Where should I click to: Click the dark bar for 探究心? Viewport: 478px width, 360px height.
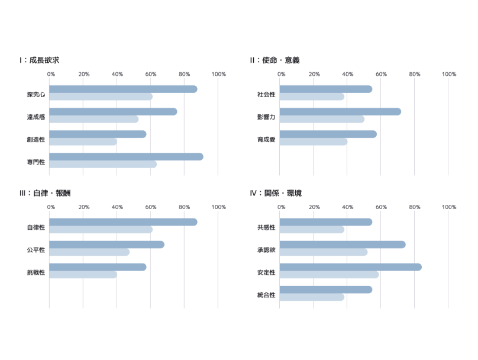123,89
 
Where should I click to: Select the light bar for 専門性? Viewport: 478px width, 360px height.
103,164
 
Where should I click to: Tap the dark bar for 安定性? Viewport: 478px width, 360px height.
351,267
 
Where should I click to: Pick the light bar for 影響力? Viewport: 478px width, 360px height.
322,119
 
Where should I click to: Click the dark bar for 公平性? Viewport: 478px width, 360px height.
106,245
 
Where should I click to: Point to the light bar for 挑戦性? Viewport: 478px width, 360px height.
83,275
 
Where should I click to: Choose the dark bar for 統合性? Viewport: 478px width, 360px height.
326,290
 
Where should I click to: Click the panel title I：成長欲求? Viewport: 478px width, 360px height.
39,60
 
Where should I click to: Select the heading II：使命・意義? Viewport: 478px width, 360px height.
274,60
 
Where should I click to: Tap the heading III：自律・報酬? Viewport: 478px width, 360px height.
45,193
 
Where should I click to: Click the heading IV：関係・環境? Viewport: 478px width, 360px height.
276,193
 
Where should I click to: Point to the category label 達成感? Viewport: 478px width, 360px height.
36,117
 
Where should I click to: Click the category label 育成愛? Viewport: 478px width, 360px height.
266,139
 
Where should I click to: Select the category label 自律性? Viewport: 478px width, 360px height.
36,227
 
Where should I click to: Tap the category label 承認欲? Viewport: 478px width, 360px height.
266,250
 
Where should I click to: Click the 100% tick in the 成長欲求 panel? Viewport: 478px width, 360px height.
218,74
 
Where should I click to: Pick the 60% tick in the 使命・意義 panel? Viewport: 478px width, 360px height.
381,74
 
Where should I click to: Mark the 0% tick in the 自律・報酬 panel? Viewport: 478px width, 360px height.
51,207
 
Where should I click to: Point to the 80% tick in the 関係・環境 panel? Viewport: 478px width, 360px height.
415,207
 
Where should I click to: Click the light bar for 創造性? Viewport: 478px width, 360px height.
83,142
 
